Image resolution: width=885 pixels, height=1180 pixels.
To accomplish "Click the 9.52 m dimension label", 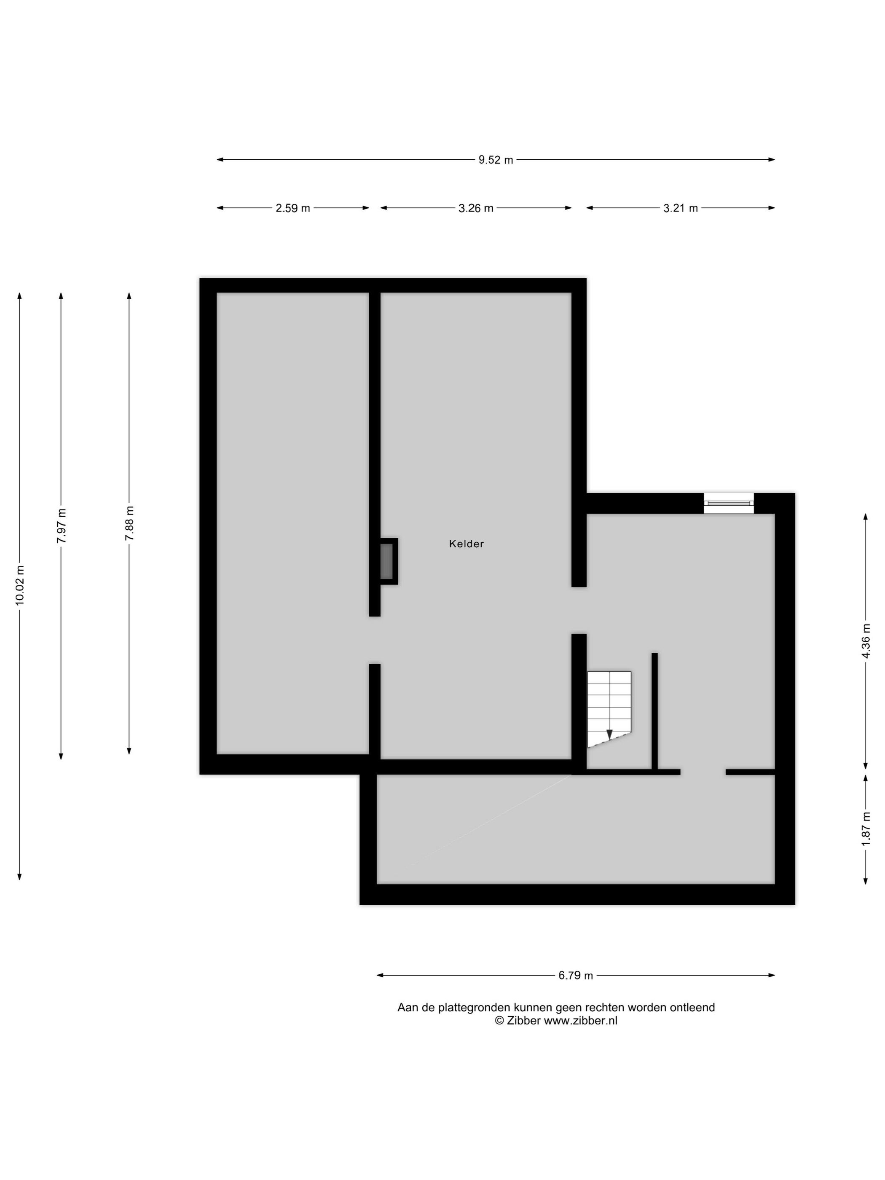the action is click(x=496, y=159).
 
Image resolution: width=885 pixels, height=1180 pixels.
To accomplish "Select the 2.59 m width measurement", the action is click(x=292, y=208).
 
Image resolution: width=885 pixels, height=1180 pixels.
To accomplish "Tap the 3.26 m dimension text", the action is click(x=476, y=208).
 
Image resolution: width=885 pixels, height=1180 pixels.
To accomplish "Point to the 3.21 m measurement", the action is click(x=680, y=208).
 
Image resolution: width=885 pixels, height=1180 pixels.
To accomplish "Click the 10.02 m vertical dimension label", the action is click(x=20, y=585).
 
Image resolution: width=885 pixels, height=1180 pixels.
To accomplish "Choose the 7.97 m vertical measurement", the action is click(x=62, y=526).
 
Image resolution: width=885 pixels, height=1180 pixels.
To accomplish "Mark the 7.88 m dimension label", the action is click(x=129, y=523).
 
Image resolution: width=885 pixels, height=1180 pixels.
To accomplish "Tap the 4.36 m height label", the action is click(x=865, y=641).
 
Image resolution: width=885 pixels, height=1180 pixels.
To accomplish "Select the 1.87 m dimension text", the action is click(x=865, y=828).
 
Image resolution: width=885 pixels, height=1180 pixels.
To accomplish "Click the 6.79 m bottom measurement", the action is click(x=576, y=976).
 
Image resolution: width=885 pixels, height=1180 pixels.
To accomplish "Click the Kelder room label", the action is click(x=466, y=544).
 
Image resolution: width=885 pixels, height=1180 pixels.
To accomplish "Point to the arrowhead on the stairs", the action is click(x=609, y=735).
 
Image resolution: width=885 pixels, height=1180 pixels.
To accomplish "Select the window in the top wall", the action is click(x=729, y=503).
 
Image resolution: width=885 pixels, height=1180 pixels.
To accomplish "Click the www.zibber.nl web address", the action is click(x=580, y=1021).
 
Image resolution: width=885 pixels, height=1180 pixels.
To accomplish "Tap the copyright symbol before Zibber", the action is click(x=499, y=1021).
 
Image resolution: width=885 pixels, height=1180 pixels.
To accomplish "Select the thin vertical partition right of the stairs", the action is click(x=654, y=711).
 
